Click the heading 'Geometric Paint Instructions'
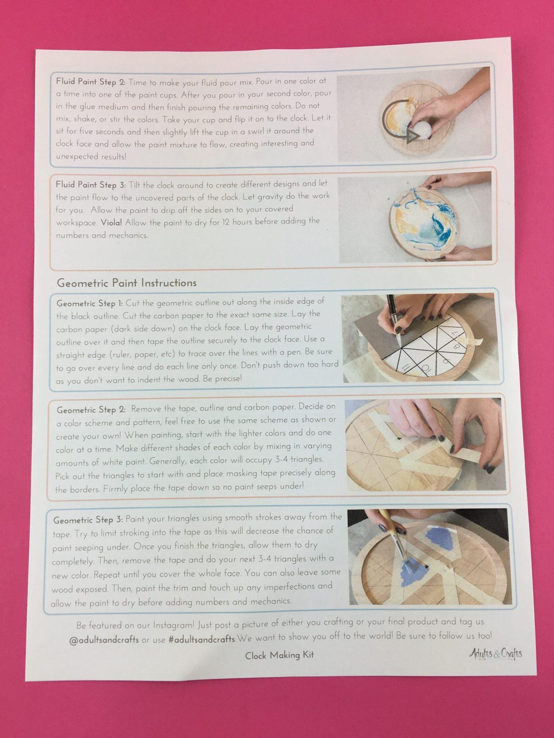coord(126,283)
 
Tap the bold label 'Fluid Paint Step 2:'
coord(91,82)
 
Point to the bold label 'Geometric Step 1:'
coord(90,303)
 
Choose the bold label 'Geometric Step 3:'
coord(88,519)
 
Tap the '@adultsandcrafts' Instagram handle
coord(104,640)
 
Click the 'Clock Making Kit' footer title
coord(279,656)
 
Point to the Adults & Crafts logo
coord(495,654)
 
